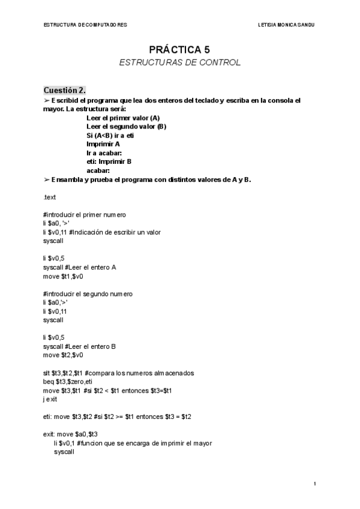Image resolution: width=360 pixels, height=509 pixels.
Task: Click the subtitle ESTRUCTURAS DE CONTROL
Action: pos(179,62)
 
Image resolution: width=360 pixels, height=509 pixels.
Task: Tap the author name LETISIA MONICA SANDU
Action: pos(286,25)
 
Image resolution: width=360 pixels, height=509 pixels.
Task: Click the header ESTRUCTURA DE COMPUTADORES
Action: pos(86,25)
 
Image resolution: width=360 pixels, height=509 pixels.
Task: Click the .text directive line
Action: pos(50,197)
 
